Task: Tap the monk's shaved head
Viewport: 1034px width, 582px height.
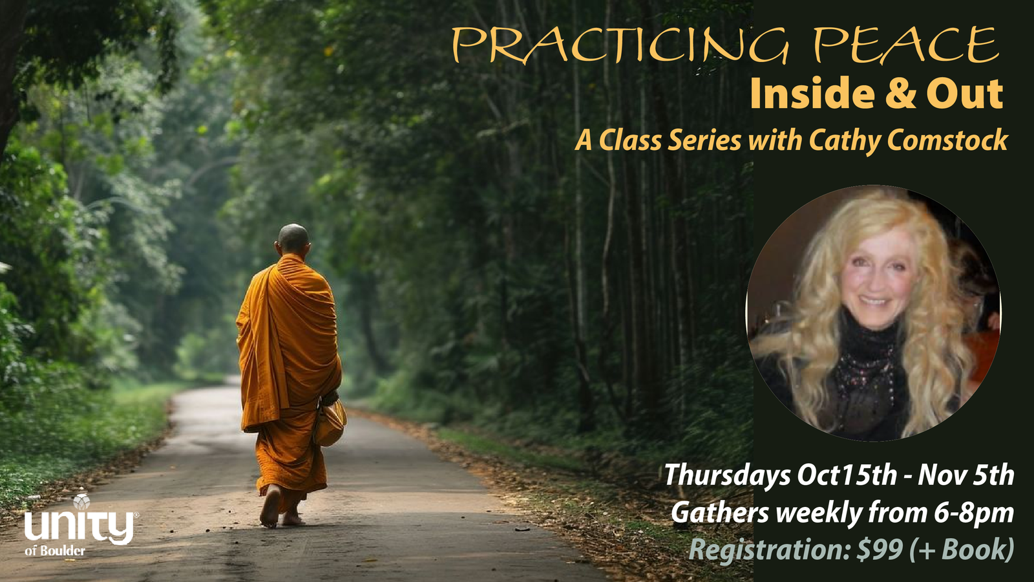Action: pyautogui.click(x=293, y=239)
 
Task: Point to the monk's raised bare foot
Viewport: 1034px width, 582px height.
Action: pyautogui.click(x=270, y=506)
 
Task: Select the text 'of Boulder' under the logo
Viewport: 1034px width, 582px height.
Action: pyautogui.click(x=55, y=551)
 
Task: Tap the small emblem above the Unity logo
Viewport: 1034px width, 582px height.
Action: pyautogui.click(x=81, y=501)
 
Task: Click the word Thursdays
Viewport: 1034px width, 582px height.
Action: pyautogui.click(x=727, y=476)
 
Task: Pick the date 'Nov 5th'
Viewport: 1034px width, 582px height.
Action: pyautogui.click(x=965, y=475)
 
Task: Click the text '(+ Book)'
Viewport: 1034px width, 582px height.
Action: pyautogui.click(x=962, y=550)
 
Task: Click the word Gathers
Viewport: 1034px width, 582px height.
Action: pyautogui.click(x=720, y=513)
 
